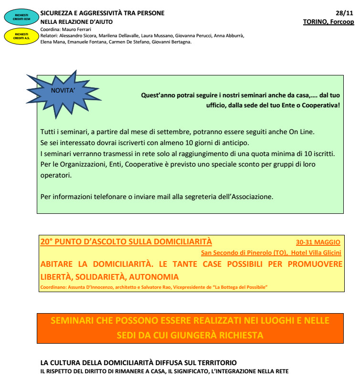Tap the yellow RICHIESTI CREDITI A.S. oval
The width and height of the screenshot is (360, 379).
coord(21,36)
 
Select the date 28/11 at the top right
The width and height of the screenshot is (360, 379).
coord(345,13)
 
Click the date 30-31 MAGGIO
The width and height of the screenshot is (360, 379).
coord(318,242)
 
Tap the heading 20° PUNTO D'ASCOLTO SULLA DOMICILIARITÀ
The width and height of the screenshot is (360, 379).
coord(126,242)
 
